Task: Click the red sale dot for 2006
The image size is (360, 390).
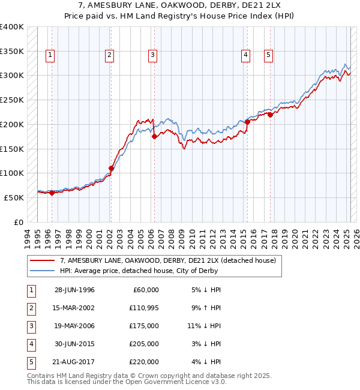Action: point(154,136)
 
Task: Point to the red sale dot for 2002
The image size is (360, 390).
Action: point(111,168)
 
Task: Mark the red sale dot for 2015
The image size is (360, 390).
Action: point(247,122)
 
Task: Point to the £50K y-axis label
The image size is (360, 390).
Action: point(14,197)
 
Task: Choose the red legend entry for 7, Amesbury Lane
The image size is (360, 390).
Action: point(167,260)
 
